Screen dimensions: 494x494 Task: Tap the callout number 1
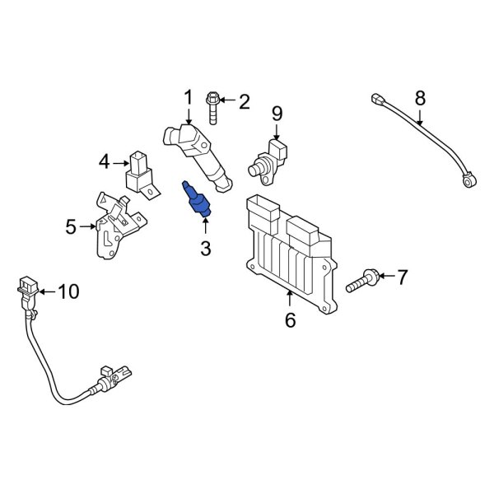(188, 98)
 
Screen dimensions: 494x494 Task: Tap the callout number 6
(290, 320)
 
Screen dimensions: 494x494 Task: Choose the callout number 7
(401, 277)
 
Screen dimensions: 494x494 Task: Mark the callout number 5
(71, 225)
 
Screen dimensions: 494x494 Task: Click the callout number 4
(105, 162)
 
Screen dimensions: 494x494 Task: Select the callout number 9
(277, 112)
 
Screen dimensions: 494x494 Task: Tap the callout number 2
(243, 102)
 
